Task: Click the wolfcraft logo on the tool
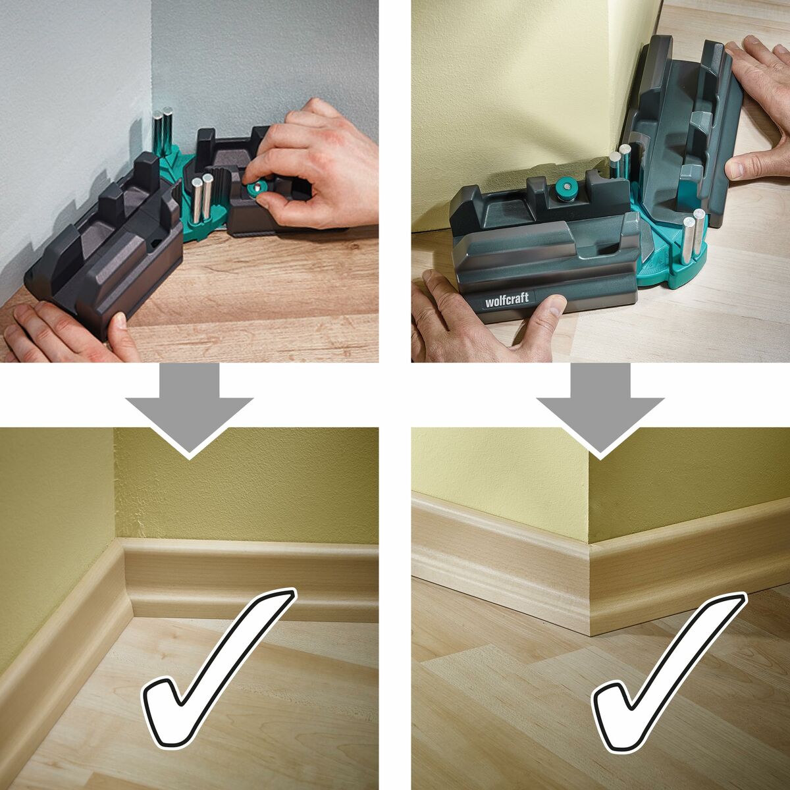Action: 506,299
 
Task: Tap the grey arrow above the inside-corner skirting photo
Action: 189,410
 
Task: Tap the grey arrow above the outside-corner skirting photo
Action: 600,410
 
